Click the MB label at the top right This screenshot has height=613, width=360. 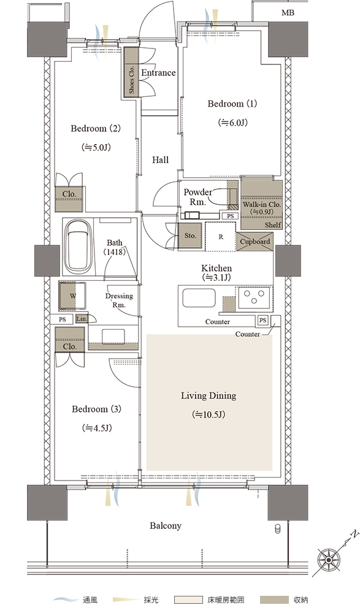click(288, 13)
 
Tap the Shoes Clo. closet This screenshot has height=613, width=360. click(131, 72)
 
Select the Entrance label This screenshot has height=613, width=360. click(158, 73)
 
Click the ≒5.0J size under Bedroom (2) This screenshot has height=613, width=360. click(96, 147)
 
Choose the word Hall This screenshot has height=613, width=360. click(161, 159)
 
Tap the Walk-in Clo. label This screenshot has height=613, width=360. click(262, 204)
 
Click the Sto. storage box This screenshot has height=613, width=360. click(190, 235)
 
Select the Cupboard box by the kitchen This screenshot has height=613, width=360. click(255, 242)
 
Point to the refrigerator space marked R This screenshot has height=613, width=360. click(221, 237)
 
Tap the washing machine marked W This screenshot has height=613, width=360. click(73, 296)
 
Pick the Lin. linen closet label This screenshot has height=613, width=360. click(82, 319)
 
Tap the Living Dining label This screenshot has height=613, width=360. click(209, 395)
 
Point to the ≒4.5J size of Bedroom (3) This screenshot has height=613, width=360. click(97, 428)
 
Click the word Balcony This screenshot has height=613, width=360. click(166, 526)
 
